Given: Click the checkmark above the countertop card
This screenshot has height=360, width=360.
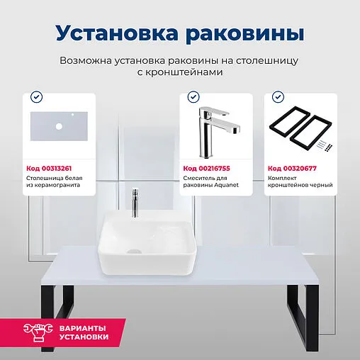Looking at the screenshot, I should pyautogui.click(x=37, y=96).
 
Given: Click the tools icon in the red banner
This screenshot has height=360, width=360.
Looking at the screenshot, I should pyautogui.click(x=37, y=332).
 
